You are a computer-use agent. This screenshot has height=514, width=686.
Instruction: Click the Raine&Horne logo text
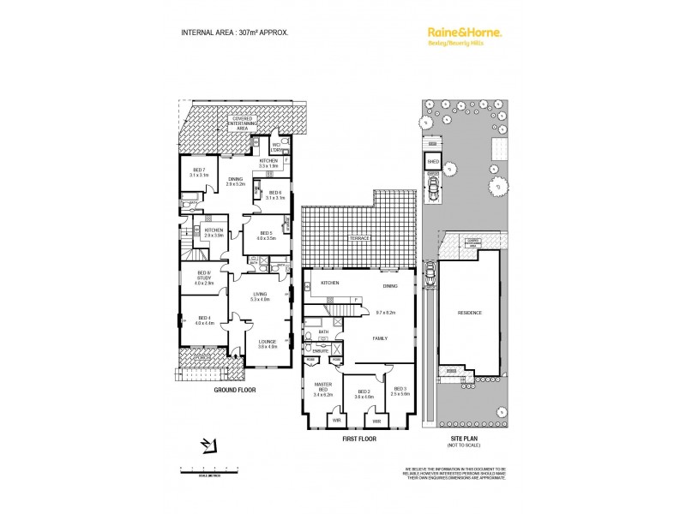[464, 32]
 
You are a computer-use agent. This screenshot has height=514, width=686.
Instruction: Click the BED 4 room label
[203, 320]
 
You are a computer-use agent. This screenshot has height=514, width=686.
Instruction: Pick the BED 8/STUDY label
[203, 278]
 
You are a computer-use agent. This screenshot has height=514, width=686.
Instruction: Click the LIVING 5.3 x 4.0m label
[260, 296]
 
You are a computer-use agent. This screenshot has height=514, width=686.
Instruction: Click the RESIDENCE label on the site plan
[469, 313]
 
